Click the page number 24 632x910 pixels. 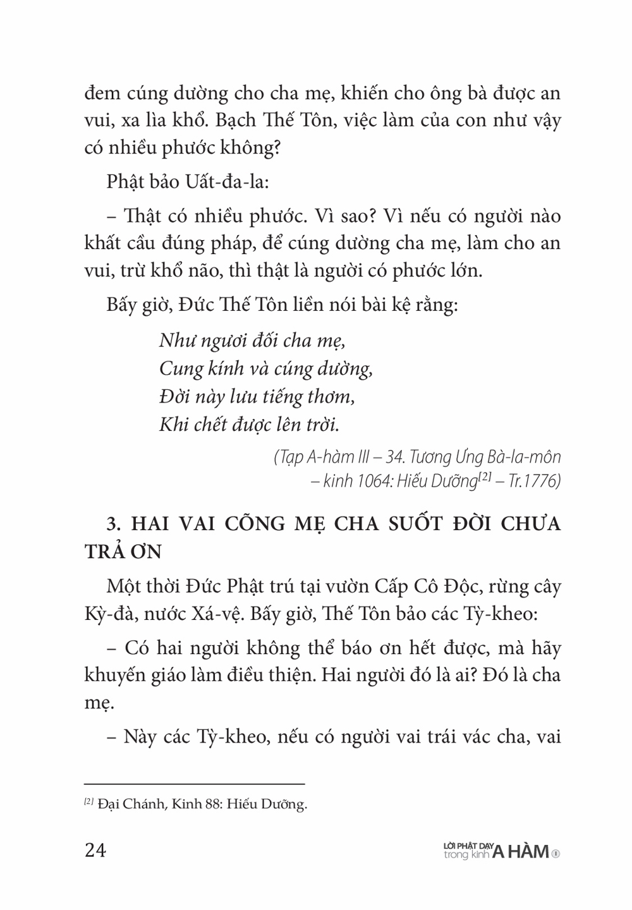95,850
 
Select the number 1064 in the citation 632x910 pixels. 380,482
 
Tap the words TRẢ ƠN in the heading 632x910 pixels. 123,551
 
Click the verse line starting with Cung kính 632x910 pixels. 265,368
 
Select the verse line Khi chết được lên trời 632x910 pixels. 249,424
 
